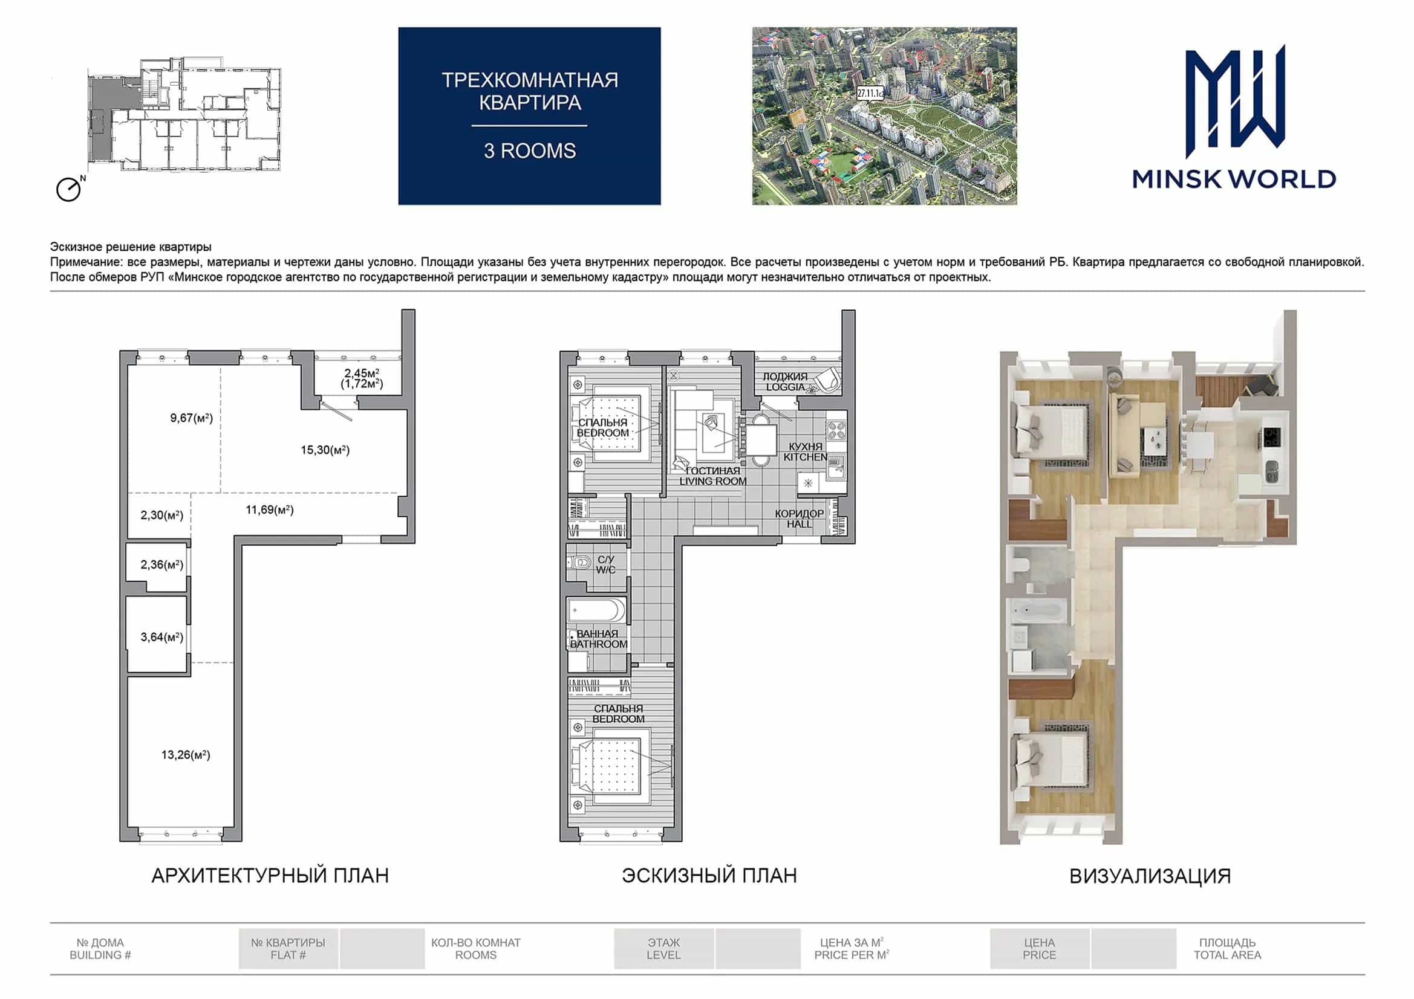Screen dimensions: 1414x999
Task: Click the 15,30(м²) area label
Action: [x=325, y=450]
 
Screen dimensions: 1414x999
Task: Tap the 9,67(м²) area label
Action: [x=192, y=418]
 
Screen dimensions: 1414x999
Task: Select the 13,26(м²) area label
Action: [x=186, y=755]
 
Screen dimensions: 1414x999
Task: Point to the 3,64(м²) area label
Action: [x=162, y=637]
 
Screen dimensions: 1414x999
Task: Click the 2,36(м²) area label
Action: [x=162, y=564]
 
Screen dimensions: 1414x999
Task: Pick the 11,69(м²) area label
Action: [x=270, y=509]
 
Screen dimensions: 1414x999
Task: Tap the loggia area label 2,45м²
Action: [x=362, y=373]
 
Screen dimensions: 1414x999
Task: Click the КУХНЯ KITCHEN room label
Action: [x=806, y=452]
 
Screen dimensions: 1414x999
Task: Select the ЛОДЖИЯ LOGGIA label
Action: [x=785, y=381]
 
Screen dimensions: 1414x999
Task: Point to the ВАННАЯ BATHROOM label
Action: [x=599, y=639]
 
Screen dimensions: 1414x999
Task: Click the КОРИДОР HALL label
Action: [x=799, y=519]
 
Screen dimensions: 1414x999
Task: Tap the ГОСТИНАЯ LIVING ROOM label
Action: [x=713, y=476]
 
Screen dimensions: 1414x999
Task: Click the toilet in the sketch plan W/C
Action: [x=579, y=562]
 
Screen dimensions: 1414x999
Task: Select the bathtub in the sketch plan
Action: [x=596, y=611]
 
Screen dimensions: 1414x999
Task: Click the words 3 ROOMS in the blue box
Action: [x=530, y=151]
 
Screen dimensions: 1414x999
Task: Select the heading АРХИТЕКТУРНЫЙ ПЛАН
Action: [x=270, y=875]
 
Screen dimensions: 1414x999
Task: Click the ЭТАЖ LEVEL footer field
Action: [x=664, y=948]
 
